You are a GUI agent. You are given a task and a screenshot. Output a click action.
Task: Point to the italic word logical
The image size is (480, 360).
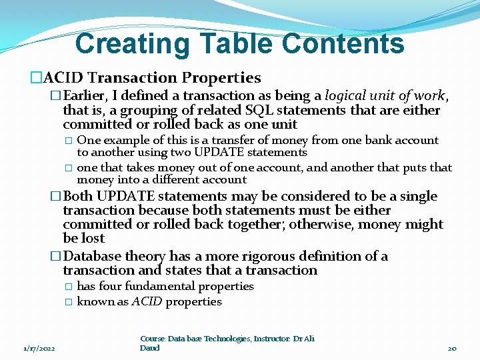coord(347,96)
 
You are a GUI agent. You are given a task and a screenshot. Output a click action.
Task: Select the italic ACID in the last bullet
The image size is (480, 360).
coord(147,301)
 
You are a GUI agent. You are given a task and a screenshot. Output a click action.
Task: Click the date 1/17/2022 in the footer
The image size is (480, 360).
coord(39,349)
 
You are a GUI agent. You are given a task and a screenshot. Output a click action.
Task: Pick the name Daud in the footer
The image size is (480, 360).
coord(150,348)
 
